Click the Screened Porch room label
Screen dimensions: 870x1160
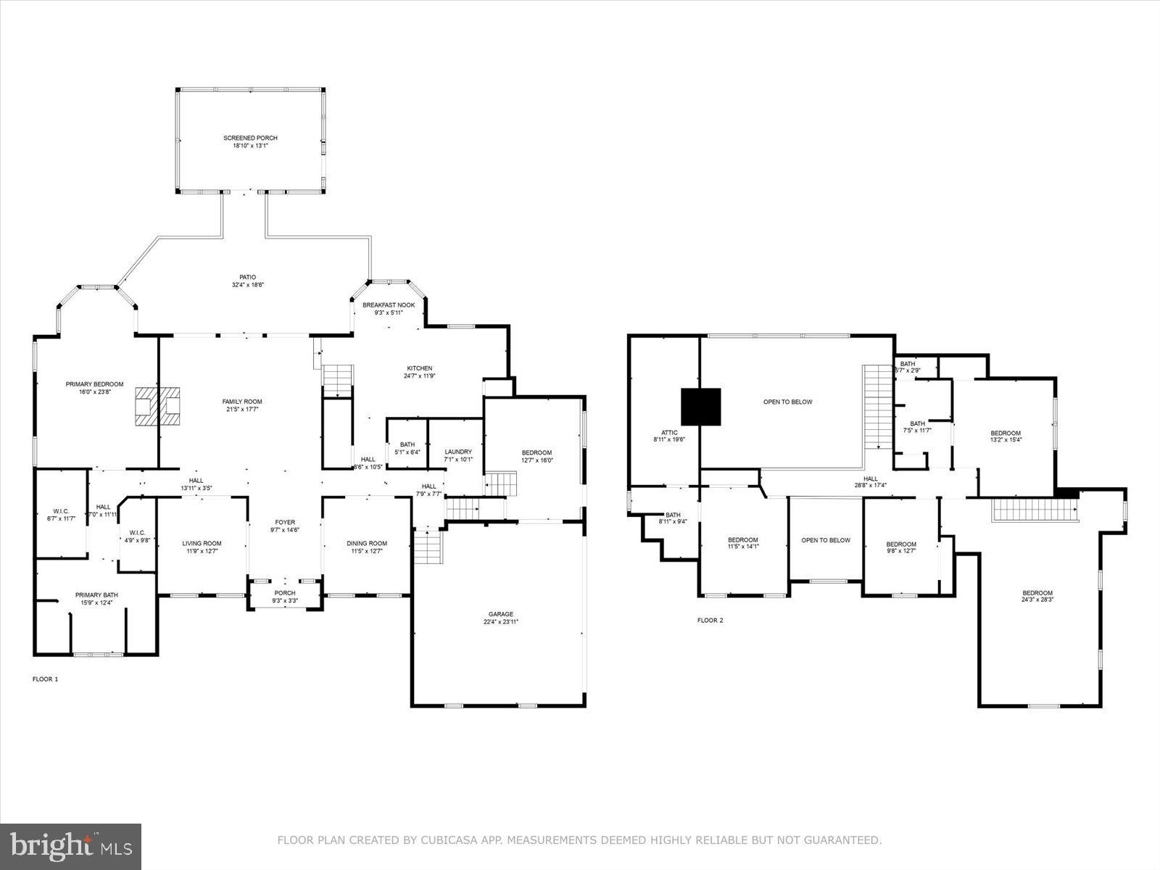[250, 138]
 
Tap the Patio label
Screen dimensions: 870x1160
[248, 277]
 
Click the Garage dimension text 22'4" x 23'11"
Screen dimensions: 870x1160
[501, 622]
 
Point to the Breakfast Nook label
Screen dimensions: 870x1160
[389, 305]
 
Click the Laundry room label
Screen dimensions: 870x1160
[458, 452]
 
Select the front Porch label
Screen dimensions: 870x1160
[285, 593]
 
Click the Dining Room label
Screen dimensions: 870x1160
[367, 543]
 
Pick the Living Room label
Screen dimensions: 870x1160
[202, 543]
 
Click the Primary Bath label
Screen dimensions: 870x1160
[96, 594]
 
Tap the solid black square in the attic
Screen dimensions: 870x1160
[700, 406]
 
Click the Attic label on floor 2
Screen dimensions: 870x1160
[669, 433]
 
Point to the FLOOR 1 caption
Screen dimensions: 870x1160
[45, 679]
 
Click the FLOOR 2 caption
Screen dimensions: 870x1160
[710, 621]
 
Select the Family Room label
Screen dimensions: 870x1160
[242, 402]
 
